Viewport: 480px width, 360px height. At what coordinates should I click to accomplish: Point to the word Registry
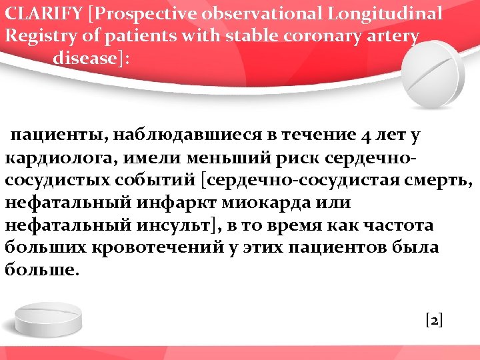(x=36, y=36)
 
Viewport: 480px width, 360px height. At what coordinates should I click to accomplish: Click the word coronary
(x=327, y=35)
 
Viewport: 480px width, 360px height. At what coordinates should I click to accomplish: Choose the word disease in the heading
(x=84, y=58)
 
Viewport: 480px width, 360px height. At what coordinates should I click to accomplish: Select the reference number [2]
(x=433, y=319)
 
